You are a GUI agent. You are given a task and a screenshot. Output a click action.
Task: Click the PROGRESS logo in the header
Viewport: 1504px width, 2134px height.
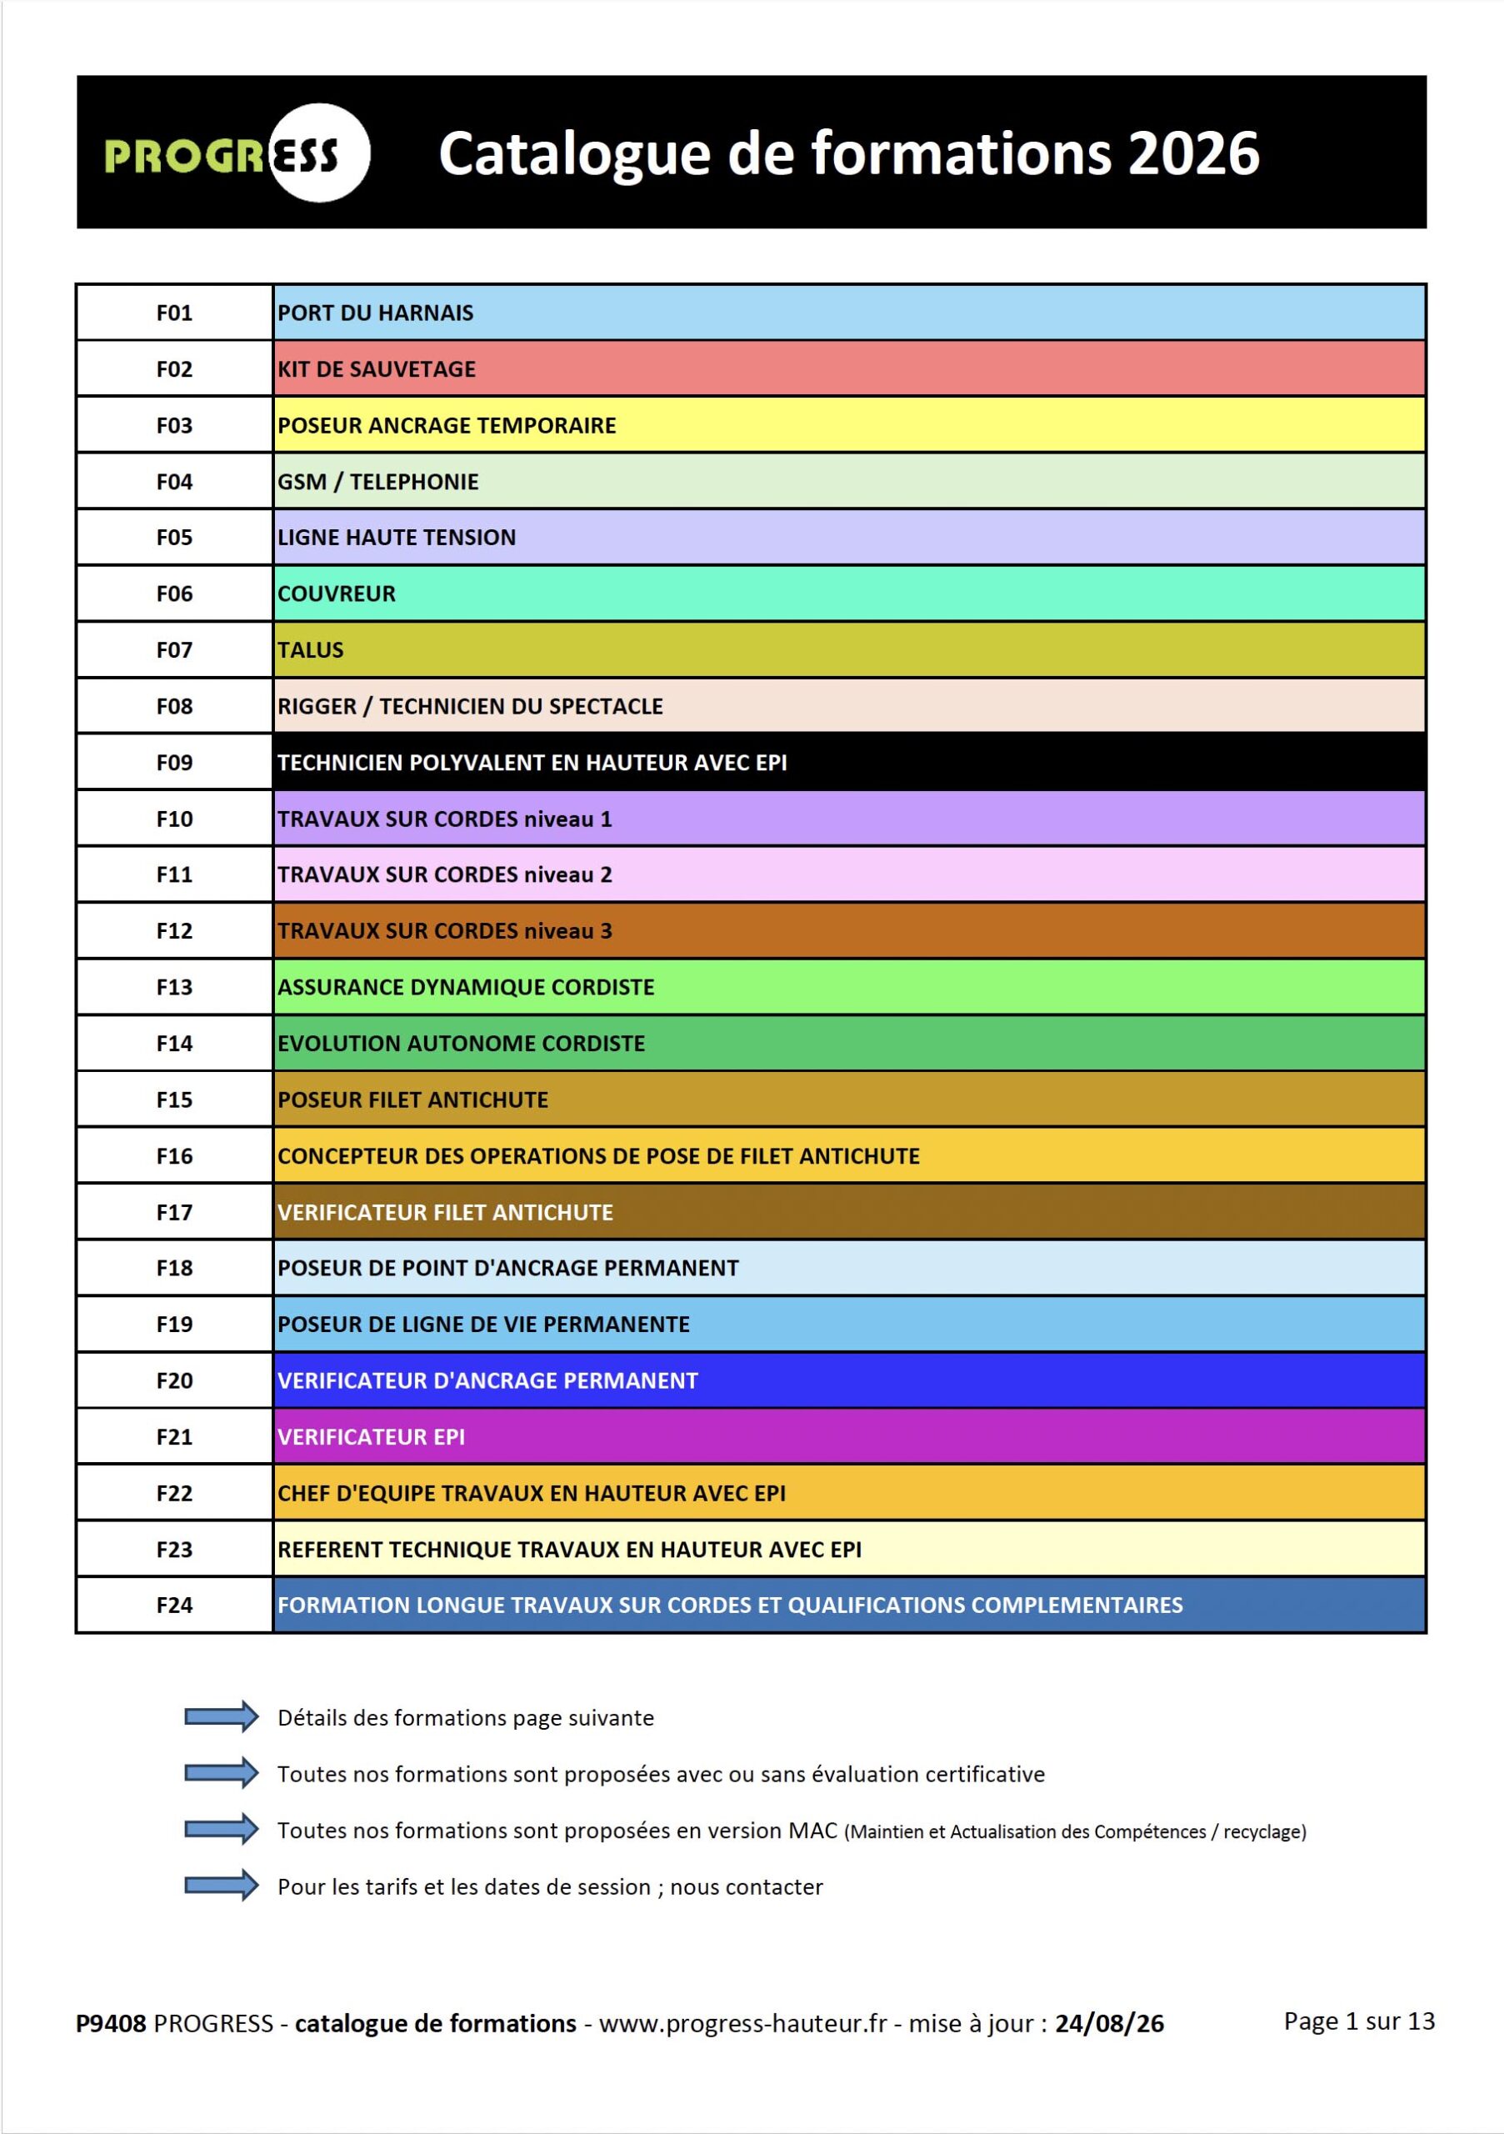(237, 153)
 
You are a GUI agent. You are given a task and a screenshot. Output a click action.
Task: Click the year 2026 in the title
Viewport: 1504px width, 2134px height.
(1194, 153)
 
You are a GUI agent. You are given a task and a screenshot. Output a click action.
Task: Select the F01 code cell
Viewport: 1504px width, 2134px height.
(175, 313)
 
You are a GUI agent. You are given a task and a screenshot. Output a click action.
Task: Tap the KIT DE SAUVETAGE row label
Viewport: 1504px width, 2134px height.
(377, 369)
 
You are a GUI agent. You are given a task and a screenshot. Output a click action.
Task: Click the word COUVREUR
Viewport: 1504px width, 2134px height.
(337, 594)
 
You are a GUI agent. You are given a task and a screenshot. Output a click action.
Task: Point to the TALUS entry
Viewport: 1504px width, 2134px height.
(310, 649)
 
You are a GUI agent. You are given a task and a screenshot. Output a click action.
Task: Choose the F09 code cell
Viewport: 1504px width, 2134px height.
(175, 762)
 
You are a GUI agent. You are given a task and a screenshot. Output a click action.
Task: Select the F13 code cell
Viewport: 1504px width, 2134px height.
(175, 987)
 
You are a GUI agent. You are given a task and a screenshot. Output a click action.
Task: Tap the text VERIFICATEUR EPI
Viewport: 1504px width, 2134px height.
(371, 1437)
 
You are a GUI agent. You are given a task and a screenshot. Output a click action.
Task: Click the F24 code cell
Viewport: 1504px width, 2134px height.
(175, 1606)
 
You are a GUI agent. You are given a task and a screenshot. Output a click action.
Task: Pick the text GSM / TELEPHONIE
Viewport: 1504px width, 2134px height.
(378, 482)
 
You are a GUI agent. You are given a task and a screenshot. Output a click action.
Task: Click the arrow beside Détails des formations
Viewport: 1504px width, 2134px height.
(221, 1716)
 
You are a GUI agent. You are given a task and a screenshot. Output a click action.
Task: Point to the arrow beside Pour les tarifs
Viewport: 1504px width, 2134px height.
(221, 1885)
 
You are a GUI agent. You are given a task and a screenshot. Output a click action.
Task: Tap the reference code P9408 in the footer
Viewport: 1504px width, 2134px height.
(111, 2023)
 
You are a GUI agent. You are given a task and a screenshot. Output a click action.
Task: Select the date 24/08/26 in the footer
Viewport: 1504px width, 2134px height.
(1109, 2023)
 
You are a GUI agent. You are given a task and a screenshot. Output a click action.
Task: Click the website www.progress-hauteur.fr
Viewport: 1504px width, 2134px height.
(742, 2024)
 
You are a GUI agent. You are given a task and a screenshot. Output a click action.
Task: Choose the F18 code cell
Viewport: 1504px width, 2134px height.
(175, 1268)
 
